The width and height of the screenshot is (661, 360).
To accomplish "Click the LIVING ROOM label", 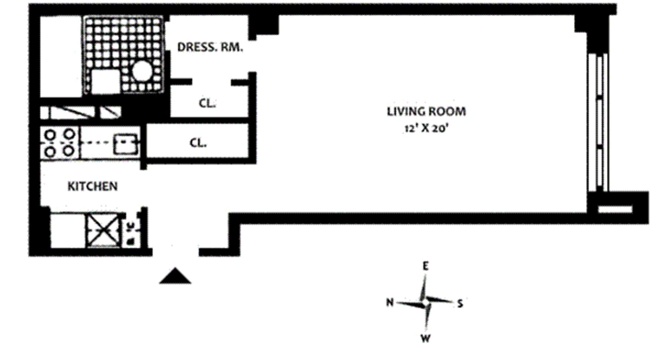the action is click(426, 112).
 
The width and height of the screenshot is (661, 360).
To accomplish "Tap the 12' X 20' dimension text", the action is click(426, 129).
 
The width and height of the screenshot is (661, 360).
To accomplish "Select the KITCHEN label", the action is click(92, 186).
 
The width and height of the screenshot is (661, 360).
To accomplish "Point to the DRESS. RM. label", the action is click(210, 47).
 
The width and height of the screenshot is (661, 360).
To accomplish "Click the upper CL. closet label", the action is click(207, 103).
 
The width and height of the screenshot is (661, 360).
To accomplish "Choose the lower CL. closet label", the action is click(198, 142).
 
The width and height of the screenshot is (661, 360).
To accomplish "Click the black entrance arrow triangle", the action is click(175, 276).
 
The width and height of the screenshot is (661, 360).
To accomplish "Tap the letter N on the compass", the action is click(389, 302).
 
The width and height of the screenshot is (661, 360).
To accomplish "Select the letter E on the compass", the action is click(426, 266).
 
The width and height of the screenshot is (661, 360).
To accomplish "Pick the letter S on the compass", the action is click(460, 304).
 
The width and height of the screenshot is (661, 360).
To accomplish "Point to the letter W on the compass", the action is click(426, 338).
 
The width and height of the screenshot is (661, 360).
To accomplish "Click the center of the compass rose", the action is click(426, 303).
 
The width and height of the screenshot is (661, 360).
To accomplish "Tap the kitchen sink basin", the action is click(126, 143).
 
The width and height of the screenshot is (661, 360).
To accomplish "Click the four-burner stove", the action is click(60, 143).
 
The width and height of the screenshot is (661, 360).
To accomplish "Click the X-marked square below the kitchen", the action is click(103, 230).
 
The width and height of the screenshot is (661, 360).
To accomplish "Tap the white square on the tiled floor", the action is click(106, 82).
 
